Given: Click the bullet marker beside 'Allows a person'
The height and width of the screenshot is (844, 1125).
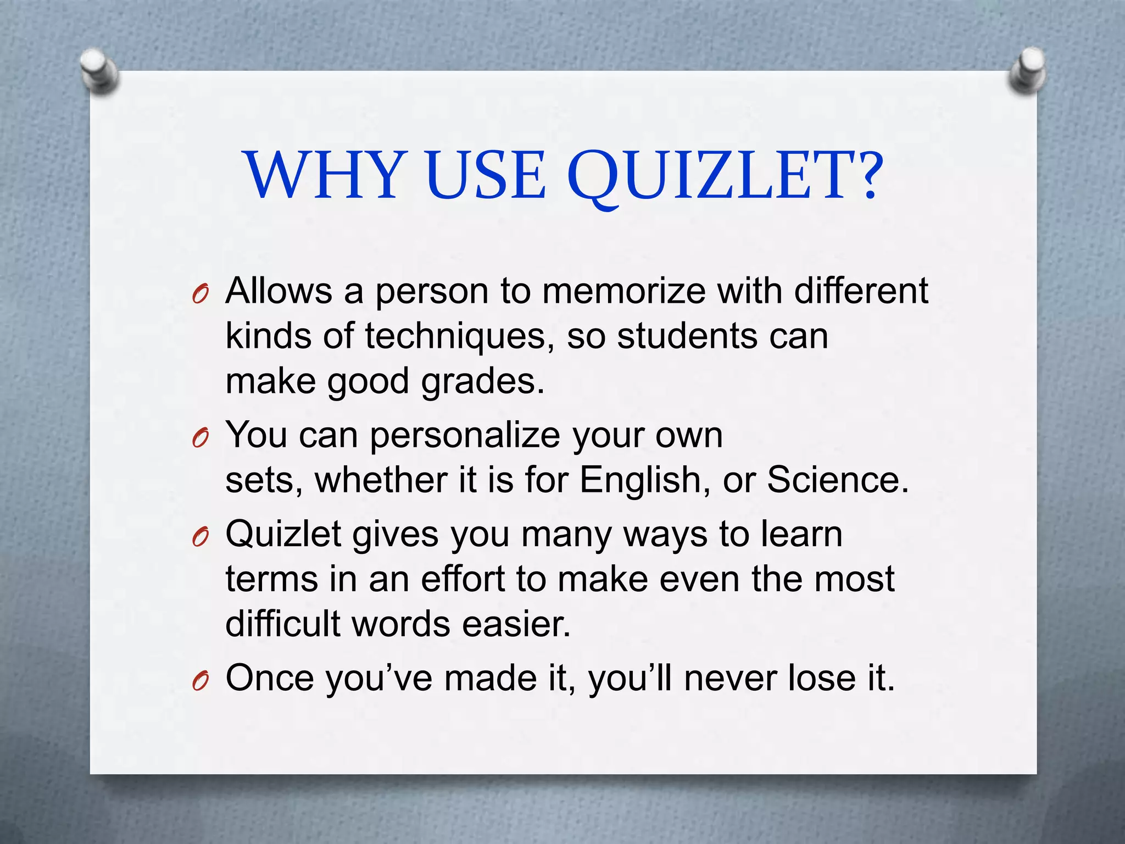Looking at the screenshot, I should pyautogui.click(x=201, y=296).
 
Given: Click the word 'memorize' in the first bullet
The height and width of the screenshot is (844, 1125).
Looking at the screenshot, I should pyautogui.click(x=623, y=291).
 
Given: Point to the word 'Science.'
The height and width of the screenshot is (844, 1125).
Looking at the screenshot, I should pyautogui.click(x=838, y=480).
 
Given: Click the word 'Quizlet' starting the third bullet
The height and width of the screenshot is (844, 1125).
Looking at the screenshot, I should pyautogui.click(x=284, y=534).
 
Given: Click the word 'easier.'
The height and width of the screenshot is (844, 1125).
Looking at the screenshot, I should pyautogui.click(x=516, y=624).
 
